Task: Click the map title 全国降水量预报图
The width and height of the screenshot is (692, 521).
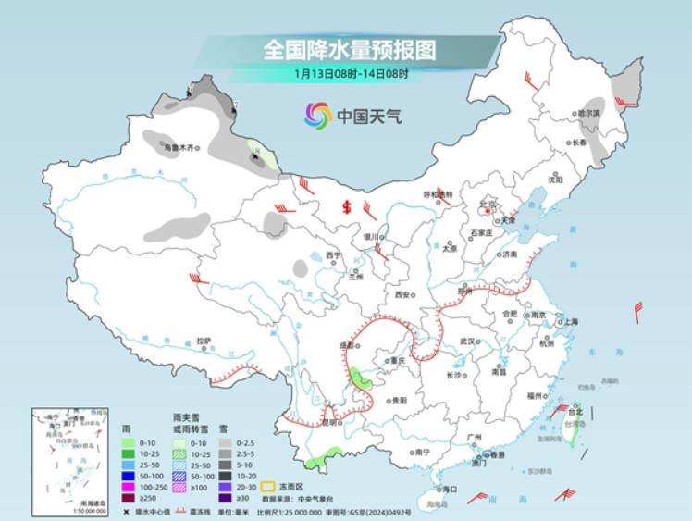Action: click(x=349, y=47)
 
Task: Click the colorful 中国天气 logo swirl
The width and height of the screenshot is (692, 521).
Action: click(x=317, y=116)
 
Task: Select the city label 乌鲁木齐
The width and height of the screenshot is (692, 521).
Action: click(x=180, y=147)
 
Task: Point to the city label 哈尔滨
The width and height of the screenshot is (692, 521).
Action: click(x=589, y=112)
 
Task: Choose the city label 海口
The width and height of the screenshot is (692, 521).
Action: click(x=451, y=488)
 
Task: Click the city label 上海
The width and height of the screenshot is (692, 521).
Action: click(x=570, y=322)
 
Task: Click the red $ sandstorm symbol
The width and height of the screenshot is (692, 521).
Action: click(x=347, y=206)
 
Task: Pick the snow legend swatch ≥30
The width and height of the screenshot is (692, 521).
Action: click(x=225, y=498)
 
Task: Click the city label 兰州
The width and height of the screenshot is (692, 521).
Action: click(x=356, y=276)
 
